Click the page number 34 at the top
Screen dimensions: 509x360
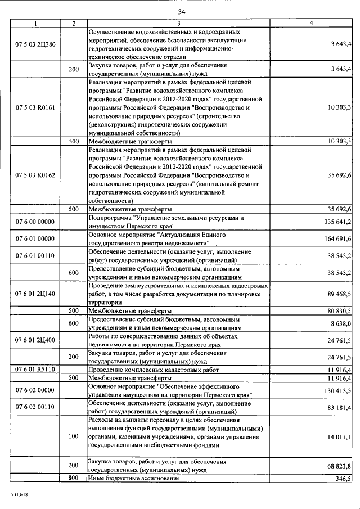coord(181,12)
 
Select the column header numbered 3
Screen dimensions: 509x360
coord(179,23)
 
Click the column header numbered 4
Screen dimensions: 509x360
coord(311,23)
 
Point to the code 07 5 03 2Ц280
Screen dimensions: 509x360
coord(35,43)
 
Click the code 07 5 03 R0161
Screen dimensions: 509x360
coord(35,107)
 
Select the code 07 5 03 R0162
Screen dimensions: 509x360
coord(35,175)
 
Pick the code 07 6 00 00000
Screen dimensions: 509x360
coord(35,222)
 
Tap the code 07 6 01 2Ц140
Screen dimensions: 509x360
coord(35,293)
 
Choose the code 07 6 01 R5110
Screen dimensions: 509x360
coord(35,370)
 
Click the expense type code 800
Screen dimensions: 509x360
coord(74,478)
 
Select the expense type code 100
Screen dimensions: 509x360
coord(74,436)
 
